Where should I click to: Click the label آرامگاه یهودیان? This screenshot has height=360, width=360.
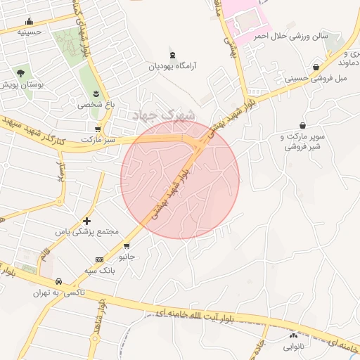coord(172,65)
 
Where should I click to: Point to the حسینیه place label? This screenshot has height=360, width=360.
coord(29,32)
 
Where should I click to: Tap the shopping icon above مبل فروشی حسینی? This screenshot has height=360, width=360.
coord(316,67)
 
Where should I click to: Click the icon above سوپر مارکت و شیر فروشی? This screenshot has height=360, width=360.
coord(303,125)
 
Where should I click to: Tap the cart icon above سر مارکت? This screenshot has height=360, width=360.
coord(97,129)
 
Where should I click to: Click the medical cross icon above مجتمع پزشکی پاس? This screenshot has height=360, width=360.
coord(86,221)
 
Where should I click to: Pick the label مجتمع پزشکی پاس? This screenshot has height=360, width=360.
coord(89,231)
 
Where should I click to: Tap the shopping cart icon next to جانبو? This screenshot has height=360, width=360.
coord(127,246)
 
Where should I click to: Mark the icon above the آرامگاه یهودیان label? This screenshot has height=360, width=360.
coord(173,55)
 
